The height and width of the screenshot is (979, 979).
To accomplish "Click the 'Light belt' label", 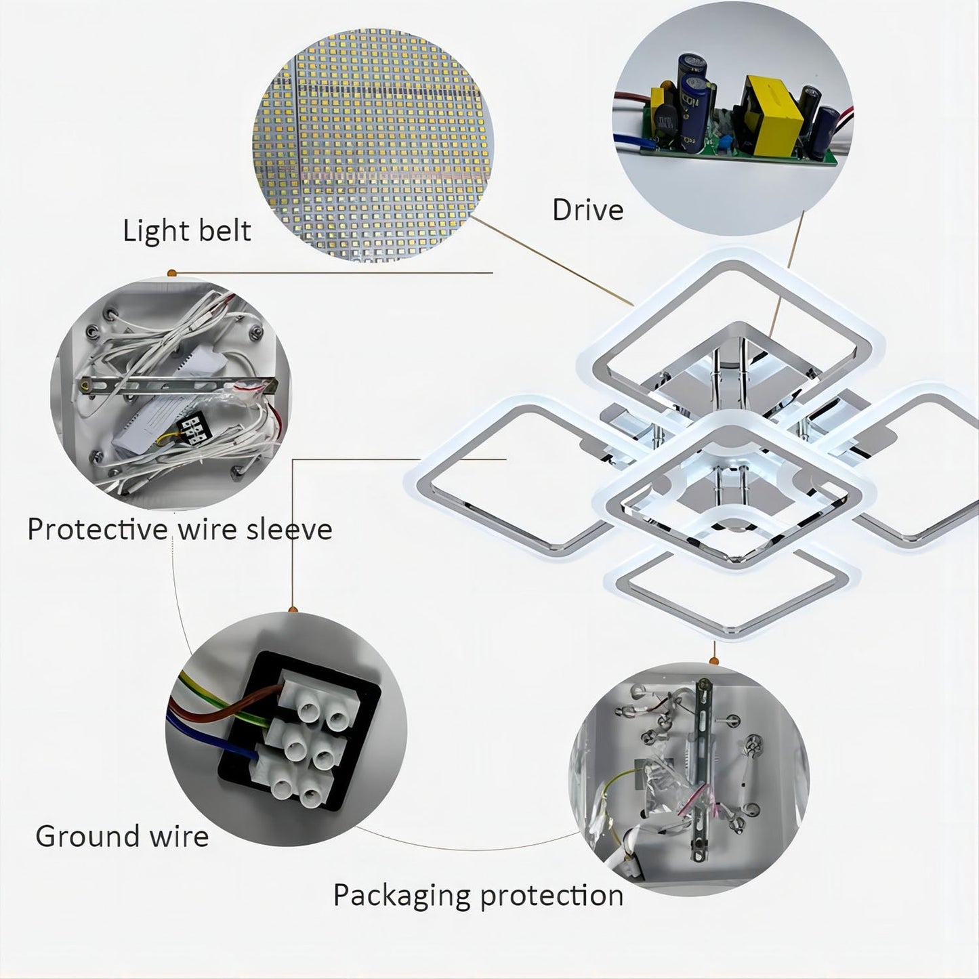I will (x=186, y=231).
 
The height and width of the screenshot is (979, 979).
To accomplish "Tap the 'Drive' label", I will (x=587, y=210).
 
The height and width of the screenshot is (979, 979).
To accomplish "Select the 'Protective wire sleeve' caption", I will (x=180, y=529).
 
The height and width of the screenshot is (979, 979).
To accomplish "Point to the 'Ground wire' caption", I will (x=122, y=836).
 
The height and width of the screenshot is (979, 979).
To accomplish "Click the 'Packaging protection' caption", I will (x=478, y=896).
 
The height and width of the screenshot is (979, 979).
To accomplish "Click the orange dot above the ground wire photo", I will (x=293, y=611).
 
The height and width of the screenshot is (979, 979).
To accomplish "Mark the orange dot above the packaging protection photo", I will (x=713, y=661).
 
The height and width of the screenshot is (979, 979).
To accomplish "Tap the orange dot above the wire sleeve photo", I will (x=171, y=273).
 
